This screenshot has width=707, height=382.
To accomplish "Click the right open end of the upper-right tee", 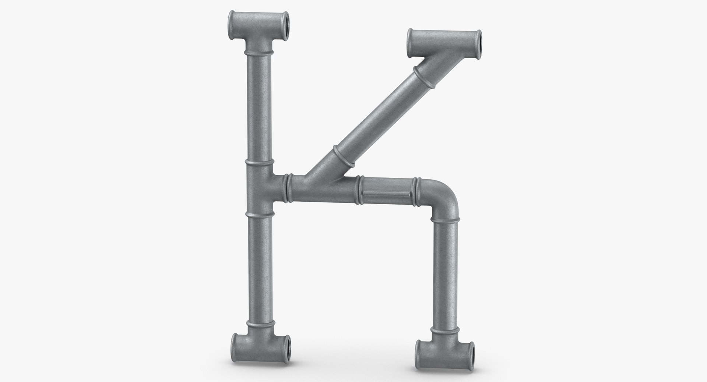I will click(x=478, y=41).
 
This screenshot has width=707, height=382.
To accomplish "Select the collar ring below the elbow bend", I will click(x=446, y=220).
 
